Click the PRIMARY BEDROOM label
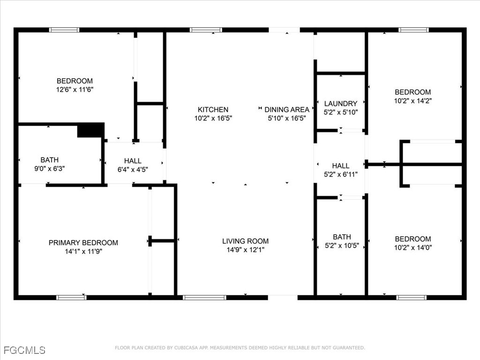point(83,243)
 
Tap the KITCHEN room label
point(213,110)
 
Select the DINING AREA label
point(287,110)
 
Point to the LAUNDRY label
point(341,104)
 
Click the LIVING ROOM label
point(246,241)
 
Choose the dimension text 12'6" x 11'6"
point(75,90)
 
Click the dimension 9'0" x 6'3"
point(50,169)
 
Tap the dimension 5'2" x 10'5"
point(342,246)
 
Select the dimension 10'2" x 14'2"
point(413,101)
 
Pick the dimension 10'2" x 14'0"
point(413,247)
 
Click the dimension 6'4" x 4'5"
point(133,170)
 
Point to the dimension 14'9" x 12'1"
point(246,250)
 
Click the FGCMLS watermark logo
point(24,350)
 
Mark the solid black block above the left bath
point(90,130)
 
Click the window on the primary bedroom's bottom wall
point(71,297)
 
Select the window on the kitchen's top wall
point(206,30)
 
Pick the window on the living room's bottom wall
point(204,297)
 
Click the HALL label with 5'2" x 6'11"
point(341,166)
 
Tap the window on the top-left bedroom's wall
point(64,30)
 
